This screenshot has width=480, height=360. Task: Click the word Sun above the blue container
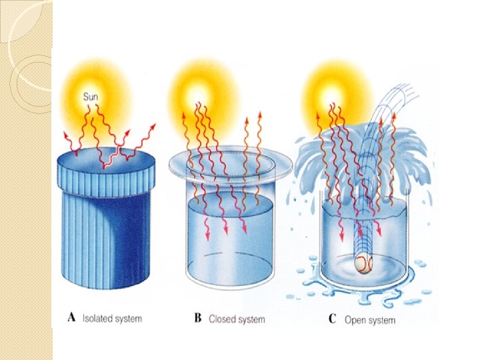[91, 97]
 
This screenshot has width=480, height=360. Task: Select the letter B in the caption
[198, 318]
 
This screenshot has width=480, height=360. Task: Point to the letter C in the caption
[332, 319]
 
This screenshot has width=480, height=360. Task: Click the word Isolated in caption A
[98, 319]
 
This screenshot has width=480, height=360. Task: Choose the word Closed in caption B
[223, 319]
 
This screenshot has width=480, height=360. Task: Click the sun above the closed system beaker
[199, 90]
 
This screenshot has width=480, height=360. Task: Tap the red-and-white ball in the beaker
[362, 264]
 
